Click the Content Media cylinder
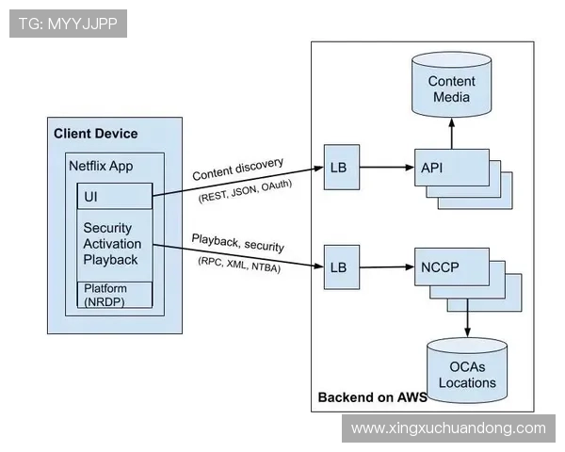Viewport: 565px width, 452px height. click(452, 87)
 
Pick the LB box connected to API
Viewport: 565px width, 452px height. click(338, 168)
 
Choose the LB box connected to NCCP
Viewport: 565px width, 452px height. click(338, 266)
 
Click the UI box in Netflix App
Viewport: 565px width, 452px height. click(114, 196)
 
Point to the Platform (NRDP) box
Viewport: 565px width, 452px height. click(114, 294)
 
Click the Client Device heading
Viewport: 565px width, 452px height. click(95, 134)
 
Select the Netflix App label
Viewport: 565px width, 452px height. click(101, 166)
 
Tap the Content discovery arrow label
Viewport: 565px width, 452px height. click(237, 169)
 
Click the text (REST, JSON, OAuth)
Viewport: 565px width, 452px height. click(245, 191)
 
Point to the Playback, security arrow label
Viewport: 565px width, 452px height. click(238, 242)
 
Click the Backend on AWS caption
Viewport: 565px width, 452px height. click(372, 396)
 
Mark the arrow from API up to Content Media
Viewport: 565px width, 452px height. click(452, 134)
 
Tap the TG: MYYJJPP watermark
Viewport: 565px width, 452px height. click(67, 24)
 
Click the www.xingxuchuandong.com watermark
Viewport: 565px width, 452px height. click(447, 428)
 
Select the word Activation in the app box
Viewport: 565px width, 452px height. click(113, 244)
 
